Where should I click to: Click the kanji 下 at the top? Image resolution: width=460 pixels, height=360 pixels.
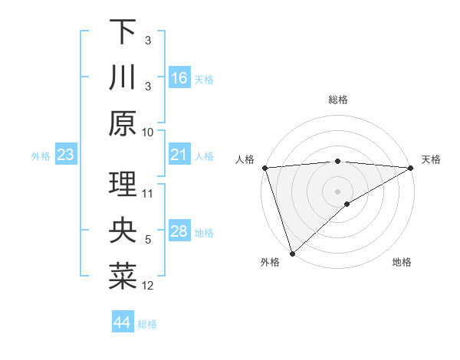123,33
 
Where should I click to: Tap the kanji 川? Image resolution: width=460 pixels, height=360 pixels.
123,77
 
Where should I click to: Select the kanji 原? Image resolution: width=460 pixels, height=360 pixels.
123,123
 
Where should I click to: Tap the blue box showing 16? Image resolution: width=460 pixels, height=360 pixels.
180,78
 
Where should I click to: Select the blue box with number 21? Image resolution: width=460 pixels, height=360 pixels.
180,155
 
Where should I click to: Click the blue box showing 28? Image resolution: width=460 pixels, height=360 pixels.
180,231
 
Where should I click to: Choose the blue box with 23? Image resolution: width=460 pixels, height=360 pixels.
65,155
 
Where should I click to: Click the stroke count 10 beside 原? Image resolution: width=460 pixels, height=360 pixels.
148,131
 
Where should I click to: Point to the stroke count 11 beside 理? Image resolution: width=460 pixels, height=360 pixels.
148,193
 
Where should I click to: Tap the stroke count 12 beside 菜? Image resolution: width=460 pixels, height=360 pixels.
148,286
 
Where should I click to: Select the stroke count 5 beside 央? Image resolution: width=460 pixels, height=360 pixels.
148,240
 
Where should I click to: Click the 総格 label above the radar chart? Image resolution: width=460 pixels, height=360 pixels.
338,100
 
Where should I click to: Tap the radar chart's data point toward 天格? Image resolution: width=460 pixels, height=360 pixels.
411,168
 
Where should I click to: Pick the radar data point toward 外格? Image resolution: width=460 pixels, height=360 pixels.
291,253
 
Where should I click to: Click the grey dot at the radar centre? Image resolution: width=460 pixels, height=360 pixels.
337,191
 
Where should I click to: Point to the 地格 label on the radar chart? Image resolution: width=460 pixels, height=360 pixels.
402,263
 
